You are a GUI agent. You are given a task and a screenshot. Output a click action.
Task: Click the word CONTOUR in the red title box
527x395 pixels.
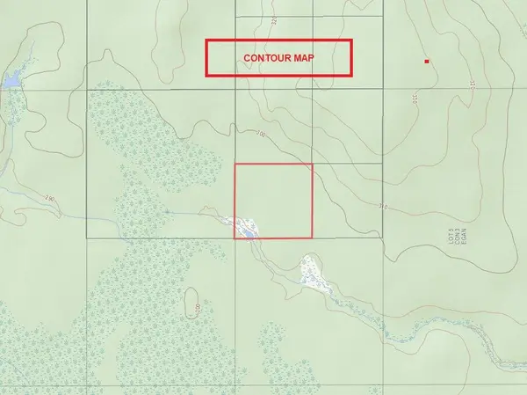[269, 58]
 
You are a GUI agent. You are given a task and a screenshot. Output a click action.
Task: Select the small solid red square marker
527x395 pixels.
[427, 62]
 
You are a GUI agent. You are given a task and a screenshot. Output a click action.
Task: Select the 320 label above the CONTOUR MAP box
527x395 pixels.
[274, 19]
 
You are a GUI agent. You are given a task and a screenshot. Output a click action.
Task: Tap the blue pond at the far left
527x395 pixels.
[11, 82]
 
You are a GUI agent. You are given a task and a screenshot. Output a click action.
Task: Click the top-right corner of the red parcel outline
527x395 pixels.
[313, 163]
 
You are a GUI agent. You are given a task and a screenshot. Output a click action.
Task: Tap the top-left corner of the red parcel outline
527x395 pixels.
[235, 163]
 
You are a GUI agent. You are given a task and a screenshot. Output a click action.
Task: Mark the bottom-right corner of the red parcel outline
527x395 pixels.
[313, 238]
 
